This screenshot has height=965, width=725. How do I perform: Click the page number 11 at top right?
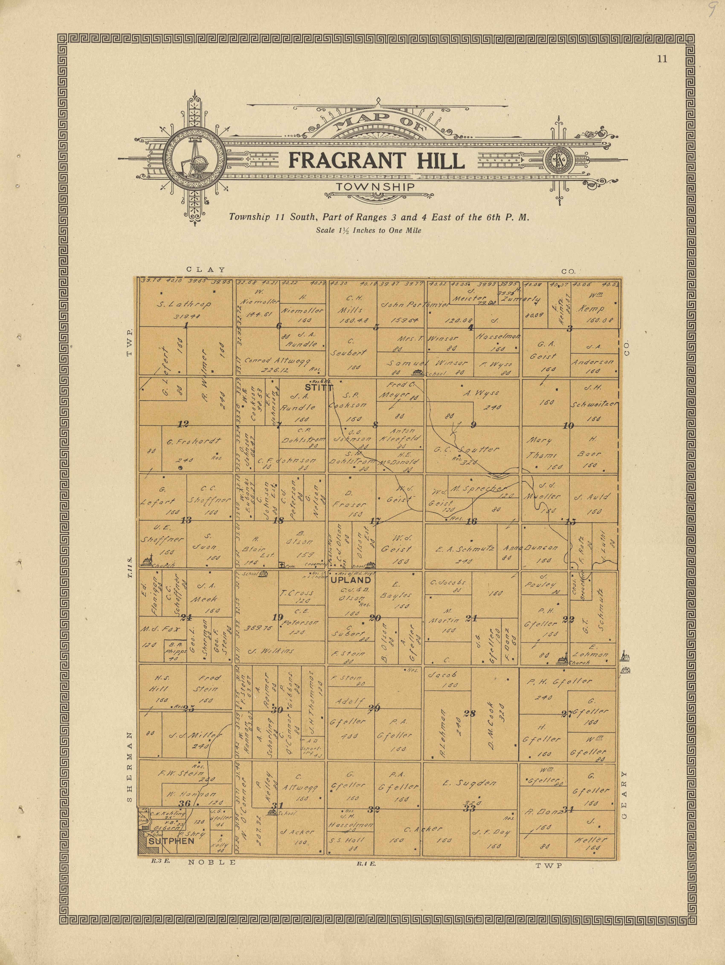(662, 60)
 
